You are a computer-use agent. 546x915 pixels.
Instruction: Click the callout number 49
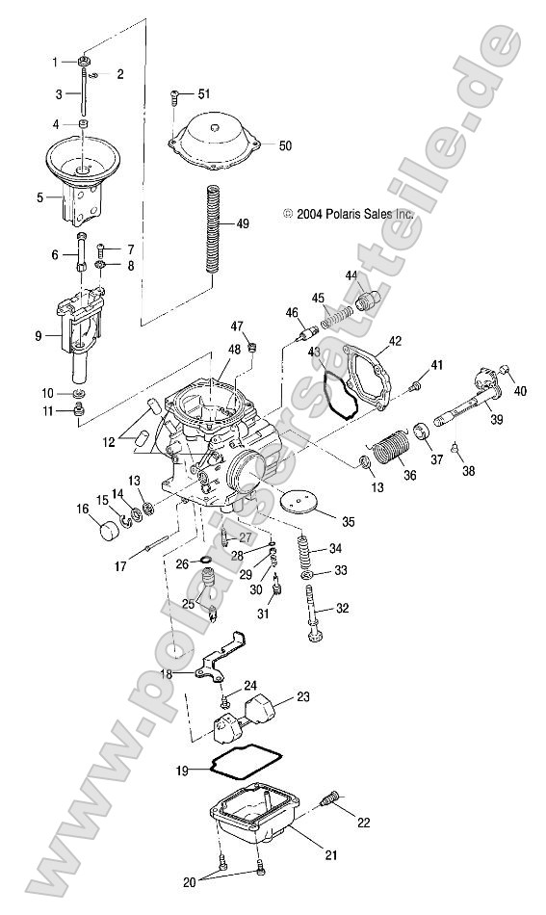tap(242, 223)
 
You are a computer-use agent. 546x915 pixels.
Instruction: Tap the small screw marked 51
tap(176, 95)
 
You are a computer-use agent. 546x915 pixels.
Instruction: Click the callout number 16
tap(83, 509)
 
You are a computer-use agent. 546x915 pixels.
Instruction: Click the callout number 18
tap(168, 674)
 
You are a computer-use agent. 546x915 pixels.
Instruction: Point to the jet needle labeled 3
tap(85, 94)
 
